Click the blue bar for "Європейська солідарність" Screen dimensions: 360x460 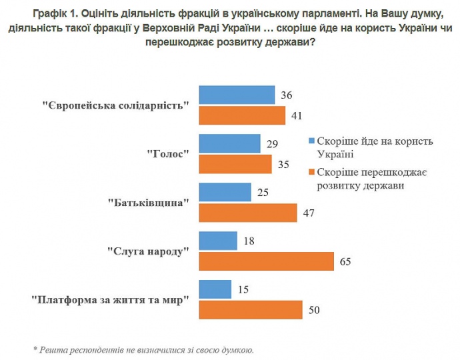coord(237,95)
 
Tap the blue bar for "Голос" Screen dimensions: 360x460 coord(230,144)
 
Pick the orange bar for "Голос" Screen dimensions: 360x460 coord(236,164)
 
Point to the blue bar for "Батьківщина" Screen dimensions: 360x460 coord(225,193)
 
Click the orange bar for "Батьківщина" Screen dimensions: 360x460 coord(249,213)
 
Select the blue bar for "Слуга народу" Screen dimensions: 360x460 coord(219,241)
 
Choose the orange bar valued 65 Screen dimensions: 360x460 coord(267,261)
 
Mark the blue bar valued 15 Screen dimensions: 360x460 coord(215,290)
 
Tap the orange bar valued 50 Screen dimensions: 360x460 coord(252,310)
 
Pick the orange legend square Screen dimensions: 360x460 coord(311,173)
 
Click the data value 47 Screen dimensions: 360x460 coord(308,213)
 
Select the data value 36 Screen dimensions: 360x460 coord(287,95)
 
